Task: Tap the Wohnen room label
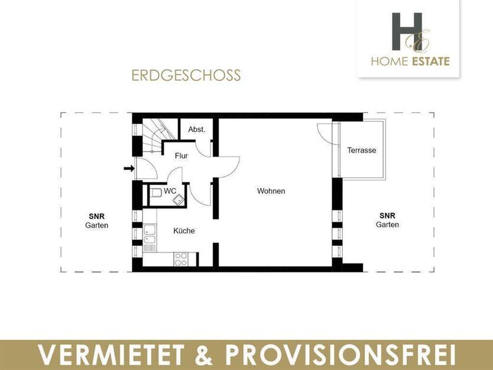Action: point(271,191)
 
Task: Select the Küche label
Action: point(184,231)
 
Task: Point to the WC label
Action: point(170,192)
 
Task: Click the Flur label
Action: point(181,156)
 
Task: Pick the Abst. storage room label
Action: point(196,129)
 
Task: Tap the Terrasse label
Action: point(361,150)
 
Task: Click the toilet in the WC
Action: point(154,193)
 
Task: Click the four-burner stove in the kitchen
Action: point(181,258)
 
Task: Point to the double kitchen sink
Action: point(149,235)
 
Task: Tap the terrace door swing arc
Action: point(324,131)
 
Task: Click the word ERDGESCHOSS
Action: point(186,76)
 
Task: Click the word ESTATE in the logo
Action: point(428,61)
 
